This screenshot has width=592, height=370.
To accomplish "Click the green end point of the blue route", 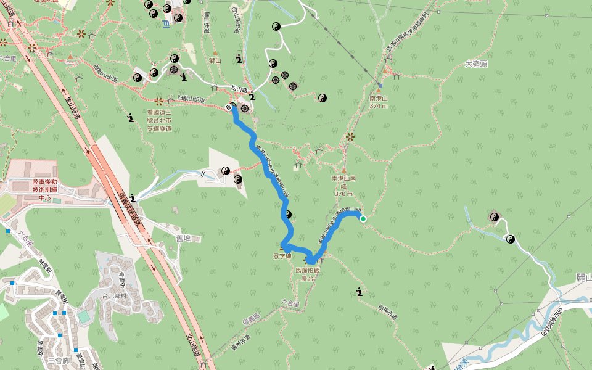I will pyautogui.click(x=363, y=218).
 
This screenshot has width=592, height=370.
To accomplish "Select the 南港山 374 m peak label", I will pyautogui.click(x=379, y=102).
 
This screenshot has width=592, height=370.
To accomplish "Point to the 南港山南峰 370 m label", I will pyautogui.click(x=343, y=186).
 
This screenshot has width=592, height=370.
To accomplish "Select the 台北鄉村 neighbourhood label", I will pyautogui.click(x=114, y=296).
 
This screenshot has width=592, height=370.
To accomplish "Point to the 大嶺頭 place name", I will pyautogui.click(x=476, y=64).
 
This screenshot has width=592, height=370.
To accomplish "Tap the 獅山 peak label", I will pyautogui.click(x=215, y=60).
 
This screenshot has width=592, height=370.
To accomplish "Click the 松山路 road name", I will pyautogui.click(x=239, y=89).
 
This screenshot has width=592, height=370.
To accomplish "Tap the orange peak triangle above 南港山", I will pyautogui.click(x=379, y=90).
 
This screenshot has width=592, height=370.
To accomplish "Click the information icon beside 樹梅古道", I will pyautogui.click(x=359, y=292).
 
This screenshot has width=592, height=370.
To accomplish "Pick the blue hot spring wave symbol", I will pyautogui.click(x=165, y=23).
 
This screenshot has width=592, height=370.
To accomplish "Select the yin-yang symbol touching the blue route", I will pyautogui.click(x=287, y=215).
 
